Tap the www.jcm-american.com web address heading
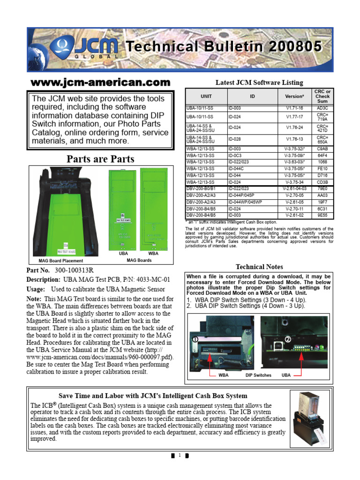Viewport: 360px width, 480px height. [x=100, y=82]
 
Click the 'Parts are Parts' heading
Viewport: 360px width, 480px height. [x=100, y=158]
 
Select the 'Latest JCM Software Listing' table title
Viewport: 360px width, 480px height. [x=259, y=82]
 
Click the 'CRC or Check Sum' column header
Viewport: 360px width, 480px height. [x=322, y=96]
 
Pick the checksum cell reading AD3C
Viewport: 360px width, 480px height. [x=322, y=107]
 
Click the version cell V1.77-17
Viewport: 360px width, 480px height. [x=294, y=116]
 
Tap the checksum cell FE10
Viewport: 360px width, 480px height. [x=322, y=168]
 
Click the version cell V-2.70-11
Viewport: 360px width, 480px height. [x=294, y=209]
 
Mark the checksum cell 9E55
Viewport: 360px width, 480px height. [x=322, y=216]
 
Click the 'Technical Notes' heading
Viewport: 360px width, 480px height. [x=259, y=267]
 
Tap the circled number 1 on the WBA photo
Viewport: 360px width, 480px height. [x=194, y=338]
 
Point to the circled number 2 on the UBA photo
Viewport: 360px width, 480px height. [x=288, y=339]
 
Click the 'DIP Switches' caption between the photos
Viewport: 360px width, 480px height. [x=258, y=375]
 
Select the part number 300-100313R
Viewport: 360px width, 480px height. [x=74, y=270]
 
